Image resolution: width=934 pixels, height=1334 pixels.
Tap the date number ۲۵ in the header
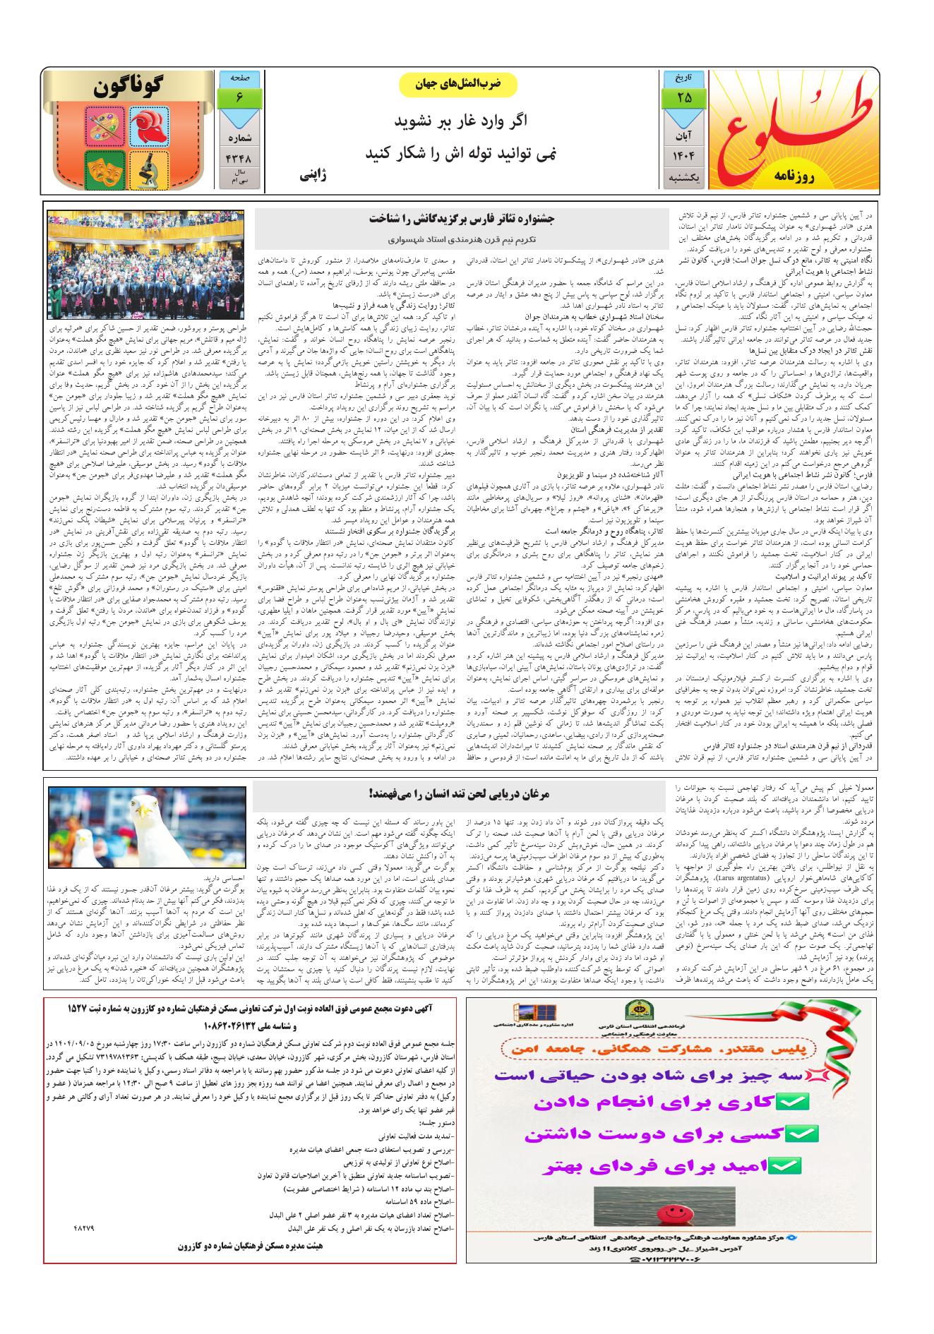click(683, 97)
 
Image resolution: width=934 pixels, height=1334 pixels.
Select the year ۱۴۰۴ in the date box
click(683, 154)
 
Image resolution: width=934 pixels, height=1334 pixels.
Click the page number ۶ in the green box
click(240, 97)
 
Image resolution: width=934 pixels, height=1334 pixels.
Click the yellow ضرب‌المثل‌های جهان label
click(458, 84)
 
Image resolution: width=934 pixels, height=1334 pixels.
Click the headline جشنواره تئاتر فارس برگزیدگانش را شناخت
click(458, 218)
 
